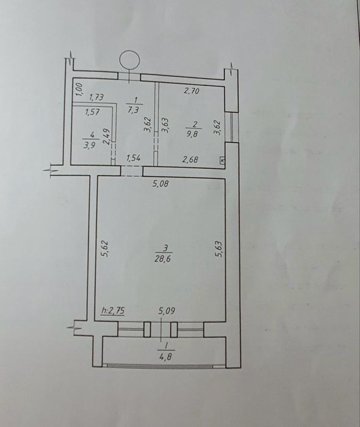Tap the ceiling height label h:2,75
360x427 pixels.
(113, 310)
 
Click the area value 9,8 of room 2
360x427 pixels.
(196, 134)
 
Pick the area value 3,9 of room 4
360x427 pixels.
(88, 145)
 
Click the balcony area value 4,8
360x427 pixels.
(166, 356)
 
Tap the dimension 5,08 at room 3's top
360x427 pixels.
(160, 184)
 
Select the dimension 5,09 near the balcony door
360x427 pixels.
(167, 310)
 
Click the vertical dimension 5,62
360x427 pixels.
(106, 248)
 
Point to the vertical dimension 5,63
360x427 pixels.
(220, 248)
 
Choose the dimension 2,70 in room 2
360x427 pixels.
(192, 91)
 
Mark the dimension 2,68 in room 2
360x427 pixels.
(190, 159)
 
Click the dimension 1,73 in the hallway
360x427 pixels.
(96, 97)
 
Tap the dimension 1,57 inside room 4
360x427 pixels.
(92, 112)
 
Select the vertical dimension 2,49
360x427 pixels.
(107, 136)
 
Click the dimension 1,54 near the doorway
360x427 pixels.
(134, 159)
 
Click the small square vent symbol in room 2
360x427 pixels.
(222, 160)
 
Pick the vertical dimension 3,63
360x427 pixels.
(165, 124)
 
